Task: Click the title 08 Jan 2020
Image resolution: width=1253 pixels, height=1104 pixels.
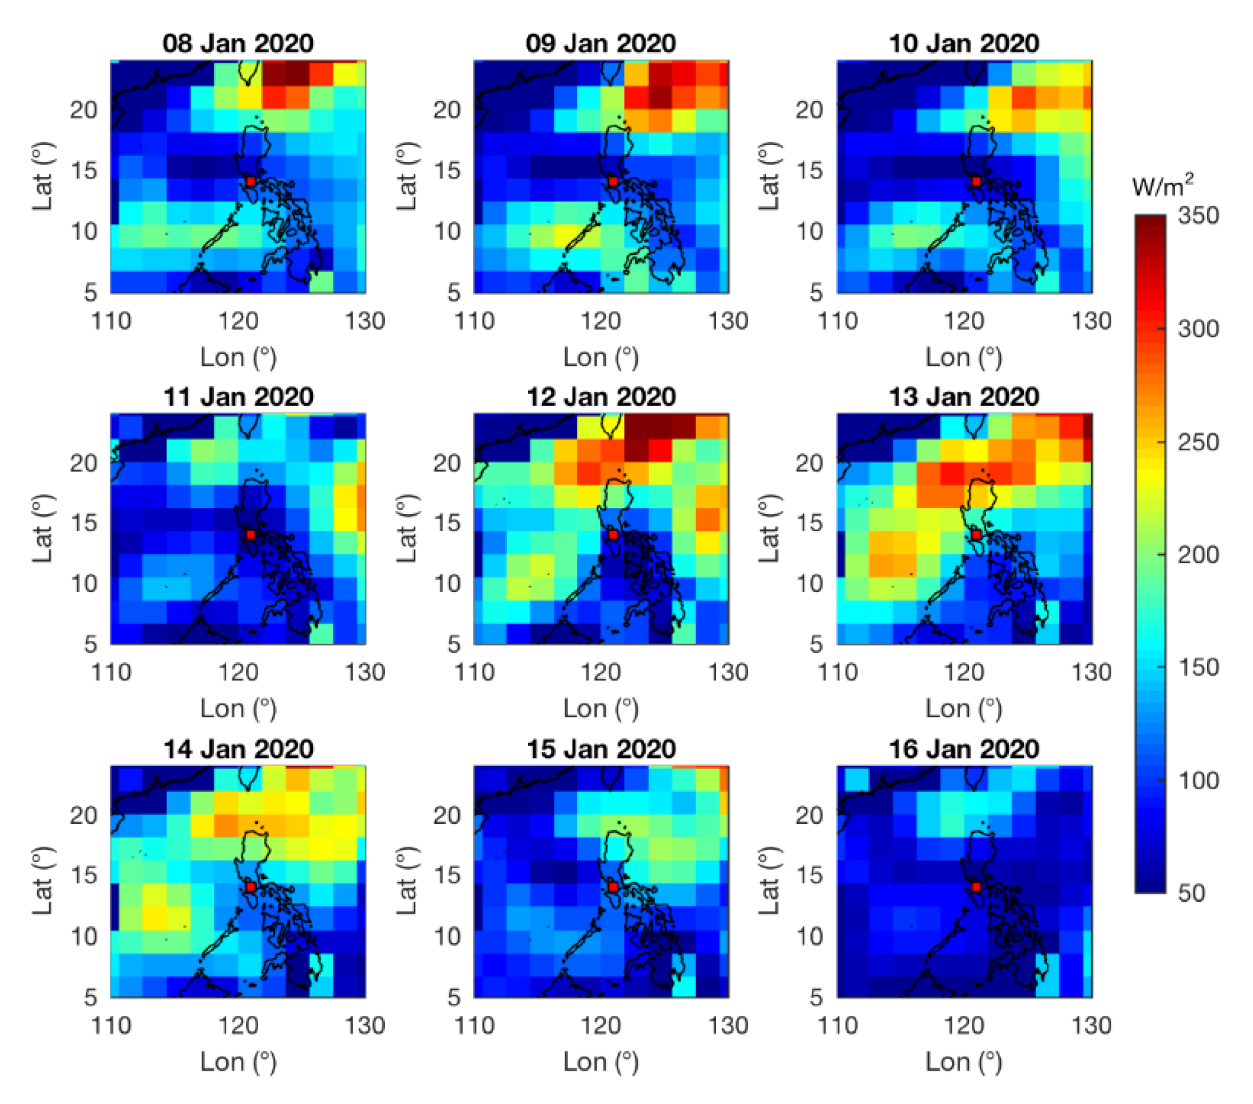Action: (x=238, y=44)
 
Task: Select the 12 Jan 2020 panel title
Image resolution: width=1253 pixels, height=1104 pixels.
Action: (x=601, y=397)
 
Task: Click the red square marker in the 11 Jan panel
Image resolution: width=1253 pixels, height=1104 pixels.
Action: (x=250, y=534)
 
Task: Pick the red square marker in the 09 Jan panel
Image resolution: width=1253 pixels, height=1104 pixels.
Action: (x=612, y=181)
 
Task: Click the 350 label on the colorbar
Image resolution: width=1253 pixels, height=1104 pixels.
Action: (x=1198, y=216)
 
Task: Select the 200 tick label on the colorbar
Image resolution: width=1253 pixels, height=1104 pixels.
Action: (x=1198, y=555)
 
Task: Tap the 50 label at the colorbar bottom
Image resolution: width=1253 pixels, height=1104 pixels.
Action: (x=1191, y=893)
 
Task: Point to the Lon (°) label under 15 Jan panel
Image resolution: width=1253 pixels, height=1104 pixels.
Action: (x=601, y=1061)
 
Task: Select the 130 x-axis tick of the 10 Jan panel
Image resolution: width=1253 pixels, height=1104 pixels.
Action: (x=1091, y=321)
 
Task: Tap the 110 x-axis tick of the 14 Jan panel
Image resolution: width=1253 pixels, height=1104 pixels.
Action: (x=111, y=1026)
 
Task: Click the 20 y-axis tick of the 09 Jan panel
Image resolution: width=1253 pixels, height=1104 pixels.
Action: (x=447, y=110)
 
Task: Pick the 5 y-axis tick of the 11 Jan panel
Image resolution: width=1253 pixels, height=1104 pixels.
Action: (x=90, y=644)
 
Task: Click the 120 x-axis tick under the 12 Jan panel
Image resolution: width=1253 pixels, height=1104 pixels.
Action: (x=601, y=673)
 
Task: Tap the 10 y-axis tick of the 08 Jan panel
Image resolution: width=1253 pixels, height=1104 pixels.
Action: (x=83, y=232)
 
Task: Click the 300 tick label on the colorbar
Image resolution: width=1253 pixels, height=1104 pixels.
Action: (x=1198, y=329)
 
